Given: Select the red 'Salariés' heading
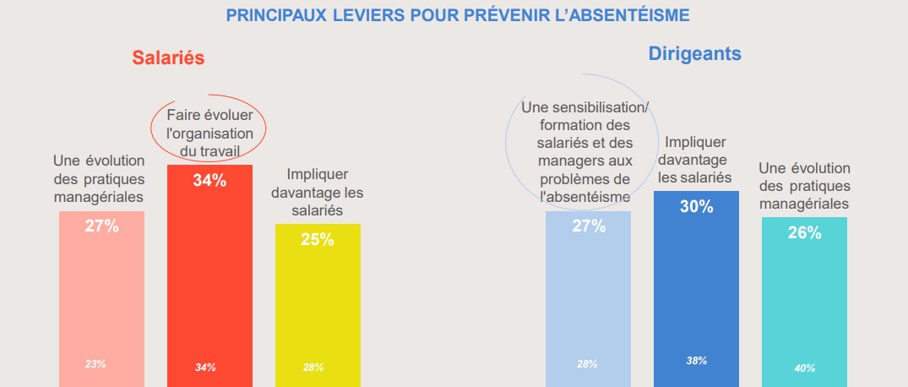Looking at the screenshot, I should point(169,57).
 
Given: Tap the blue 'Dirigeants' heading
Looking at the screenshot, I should point(694,54).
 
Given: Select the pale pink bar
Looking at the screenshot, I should point(101,296).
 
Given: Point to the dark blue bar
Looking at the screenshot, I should point(696,287).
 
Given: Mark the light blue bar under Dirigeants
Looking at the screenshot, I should point(588,296).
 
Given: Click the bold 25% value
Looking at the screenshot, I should point(318,240).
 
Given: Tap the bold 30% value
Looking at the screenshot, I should point(697,207).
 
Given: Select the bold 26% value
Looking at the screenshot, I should point(804,233).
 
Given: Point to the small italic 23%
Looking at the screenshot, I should point(95,364).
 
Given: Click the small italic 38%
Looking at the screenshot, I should point(697,361).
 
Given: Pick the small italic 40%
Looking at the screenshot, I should point(804,368).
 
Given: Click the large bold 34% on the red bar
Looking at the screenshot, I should point(209,180).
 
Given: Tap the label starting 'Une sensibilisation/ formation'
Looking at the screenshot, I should point(585,152).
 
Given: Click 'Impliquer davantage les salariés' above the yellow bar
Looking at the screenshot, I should point(317,192).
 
